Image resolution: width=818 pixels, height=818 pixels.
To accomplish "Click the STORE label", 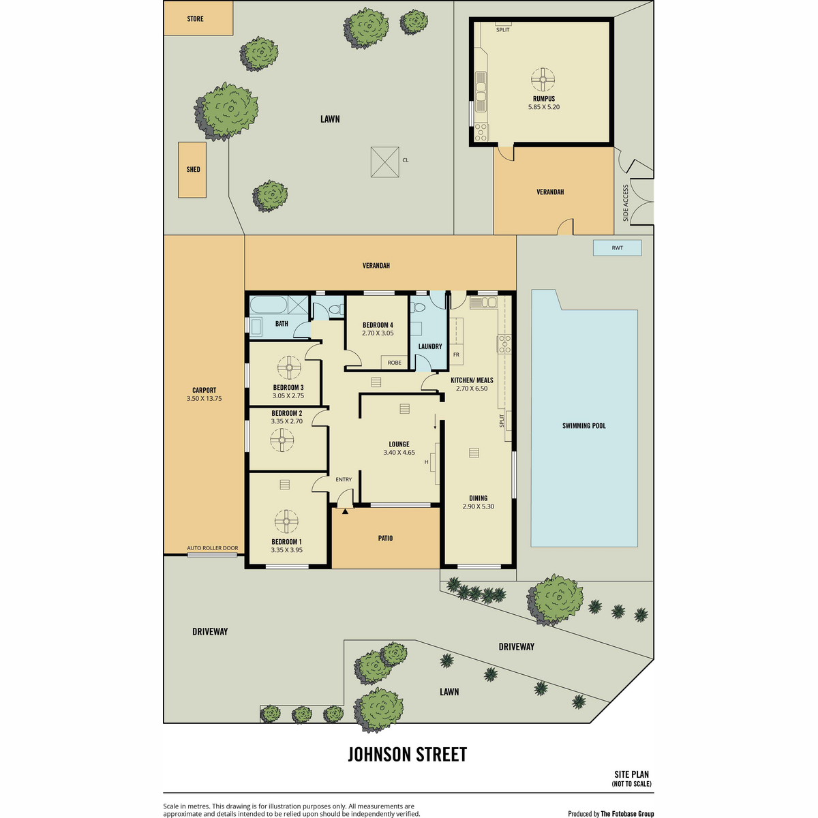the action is coord(195,19).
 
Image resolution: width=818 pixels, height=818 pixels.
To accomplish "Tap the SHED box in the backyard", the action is coord(192,170).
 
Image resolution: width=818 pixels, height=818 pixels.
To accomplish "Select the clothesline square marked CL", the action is coord(384,162).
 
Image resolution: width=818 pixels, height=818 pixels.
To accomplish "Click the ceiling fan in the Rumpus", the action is coord(543,79).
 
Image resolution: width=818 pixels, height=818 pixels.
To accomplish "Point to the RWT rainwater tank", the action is coord(617,248).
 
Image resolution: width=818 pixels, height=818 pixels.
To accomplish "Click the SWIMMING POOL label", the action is coord(584,426).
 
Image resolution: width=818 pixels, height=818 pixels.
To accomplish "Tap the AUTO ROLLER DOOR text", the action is coord(212,548).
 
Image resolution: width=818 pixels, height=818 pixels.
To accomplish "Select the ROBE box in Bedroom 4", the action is coord(395,363).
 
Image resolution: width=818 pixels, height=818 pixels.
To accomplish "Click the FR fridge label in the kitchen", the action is coord(456,354).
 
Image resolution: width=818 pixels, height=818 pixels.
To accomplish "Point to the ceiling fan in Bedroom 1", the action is coord(286,521).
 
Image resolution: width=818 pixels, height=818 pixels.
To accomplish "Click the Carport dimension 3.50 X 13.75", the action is coord(204,399).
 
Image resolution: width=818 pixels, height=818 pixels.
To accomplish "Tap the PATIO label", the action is coord(385,539).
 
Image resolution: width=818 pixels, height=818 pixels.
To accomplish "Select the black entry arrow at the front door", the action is coord(345,511).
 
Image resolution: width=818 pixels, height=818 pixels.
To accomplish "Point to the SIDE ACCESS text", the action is coord(625,203).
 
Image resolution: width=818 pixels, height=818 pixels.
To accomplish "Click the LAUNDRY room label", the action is coord(430,346).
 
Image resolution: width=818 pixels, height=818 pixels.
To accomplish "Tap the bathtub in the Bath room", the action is coord(269,304).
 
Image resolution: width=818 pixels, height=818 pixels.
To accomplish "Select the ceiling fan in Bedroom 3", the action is coord(289,367).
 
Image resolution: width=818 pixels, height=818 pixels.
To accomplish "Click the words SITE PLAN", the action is coord(632,774).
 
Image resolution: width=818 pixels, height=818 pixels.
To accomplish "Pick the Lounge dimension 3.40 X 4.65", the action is coord(399,453).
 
